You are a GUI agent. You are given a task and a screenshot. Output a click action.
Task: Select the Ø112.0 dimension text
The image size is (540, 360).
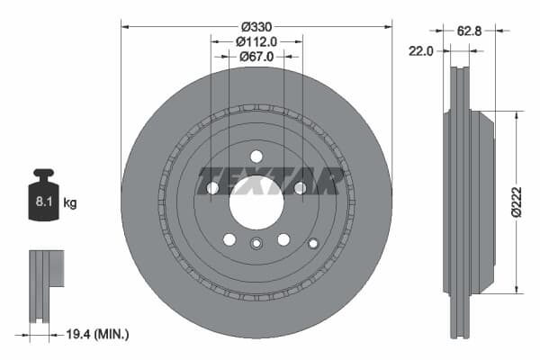pos(256,41)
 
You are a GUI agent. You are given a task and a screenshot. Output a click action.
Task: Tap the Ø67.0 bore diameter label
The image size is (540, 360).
pos(256,57)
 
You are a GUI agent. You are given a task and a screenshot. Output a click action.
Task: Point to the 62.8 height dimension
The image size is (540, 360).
pos(468,30)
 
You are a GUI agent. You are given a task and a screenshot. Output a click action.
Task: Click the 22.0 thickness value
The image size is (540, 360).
pos(421,51)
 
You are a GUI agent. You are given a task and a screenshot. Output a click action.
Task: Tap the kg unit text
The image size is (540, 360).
pos(70,202)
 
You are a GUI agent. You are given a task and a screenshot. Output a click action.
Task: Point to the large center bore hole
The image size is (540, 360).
pos(256,202)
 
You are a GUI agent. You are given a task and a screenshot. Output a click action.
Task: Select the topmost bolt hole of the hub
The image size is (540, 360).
pos(256,154)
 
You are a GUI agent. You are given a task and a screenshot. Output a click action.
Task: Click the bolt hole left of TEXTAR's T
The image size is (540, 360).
pos(212,187)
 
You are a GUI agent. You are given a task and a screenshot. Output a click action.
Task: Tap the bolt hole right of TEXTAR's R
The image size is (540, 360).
pos(300,187)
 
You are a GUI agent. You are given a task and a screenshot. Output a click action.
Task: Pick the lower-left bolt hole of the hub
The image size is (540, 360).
pos(229,238)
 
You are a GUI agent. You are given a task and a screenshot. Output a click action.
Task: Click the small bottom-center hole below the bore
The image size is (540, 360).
pos(256,242)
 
